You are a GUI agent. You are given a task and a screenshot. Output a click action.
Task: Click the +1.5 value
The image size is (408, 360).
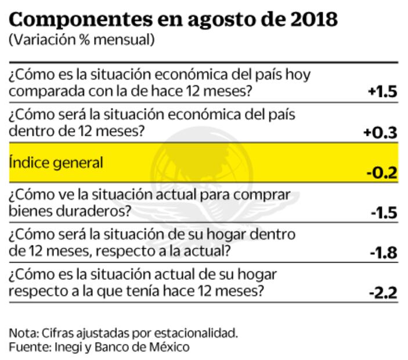(x=382, y=92)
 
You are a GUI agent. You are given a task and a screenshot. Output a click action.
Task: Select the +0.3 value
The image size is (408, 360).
(x=380, y=132)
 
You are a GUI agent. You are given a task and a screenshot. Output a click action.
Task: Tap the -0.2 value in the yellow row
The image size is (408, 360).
(x=382, y=172)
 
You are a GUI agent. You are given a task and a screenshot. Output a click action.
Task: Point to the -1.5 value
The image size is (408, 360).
(x=383, y=213)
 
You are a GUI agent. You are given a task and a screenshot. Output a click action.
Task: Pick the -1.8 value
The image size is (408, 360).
(x=383, y=253)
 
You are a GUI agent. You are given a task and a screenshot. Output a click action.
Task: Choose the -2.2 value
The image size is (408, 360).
(x=382, y=293)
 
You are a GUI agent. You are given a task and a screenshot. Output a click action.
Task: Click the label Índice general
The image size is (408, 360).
(x=56, y=163)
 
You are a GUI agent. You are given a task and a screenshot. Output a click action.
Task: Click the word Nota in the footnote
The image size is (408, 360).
(x=21, y=333)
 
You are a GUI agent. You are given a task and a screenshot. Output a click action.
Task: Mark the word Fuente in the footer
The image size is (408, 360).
(x=26, y=347)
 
